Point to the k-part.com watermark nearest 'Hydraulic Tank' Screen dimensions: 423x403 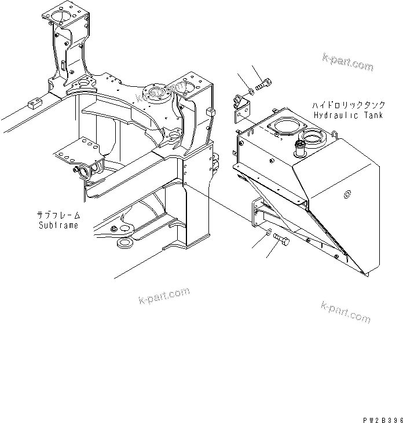(x=348, y=62)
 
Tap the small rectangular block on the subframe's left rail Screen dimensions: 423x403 (x=34, y=105)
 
